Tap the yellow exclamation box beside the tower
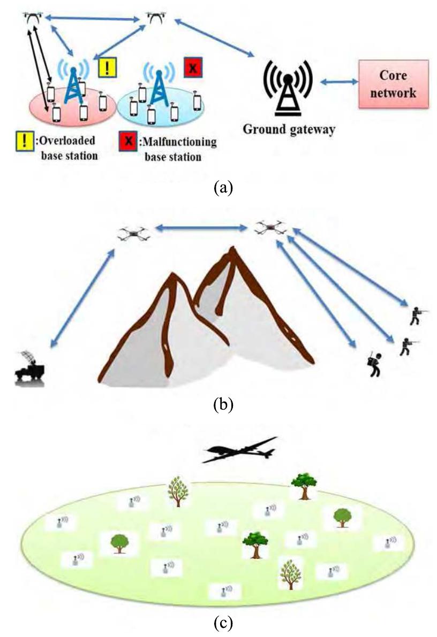tap(107, 67)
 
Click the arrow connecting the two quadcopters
tap(200, 228)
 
